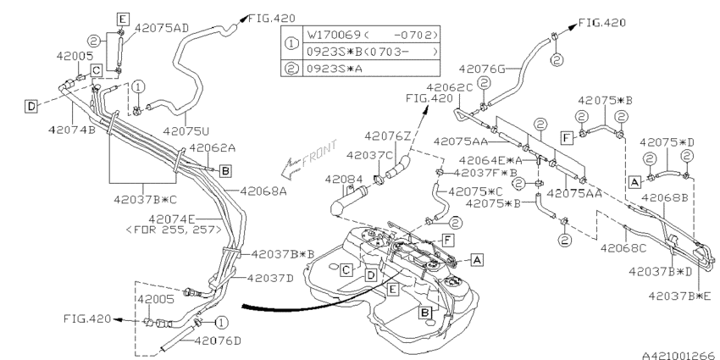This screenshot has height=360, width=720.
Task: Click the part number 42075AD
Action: (x=161, y=28)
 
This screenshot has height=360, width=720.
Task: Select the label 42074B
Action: (x=72, y=130)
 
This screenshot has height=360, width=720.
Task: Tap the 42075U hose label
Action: (x=186, y=130)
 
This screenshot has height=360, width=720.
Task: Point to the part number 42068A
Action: (x=263, y=191)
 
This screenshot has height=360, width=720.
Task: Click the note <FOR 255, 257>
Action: (x=174, y=229)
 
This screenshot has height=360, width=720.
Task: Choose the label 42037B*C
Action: (x=145, y=199)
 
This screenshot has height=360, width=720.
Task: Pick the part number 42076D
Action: (x=218, y=341)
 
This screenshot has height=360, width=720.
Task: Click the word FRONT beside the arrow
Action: (x=319, y=152)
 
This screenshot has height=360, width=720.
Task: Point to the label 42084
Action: (x=343, y=179)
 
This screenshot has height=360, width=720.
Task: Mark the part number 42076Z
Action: (x=388, y=136)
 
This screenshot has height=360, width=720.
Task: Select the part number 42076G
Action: (x=482, y=69)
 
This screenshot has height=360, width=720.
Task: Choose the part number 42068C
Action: (x=623, y=248)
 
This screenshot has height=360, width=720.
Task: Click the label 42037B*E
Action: (x=680, y=296)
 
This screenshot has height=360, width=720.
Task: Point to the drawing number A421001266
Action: (x=678, y=356)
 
